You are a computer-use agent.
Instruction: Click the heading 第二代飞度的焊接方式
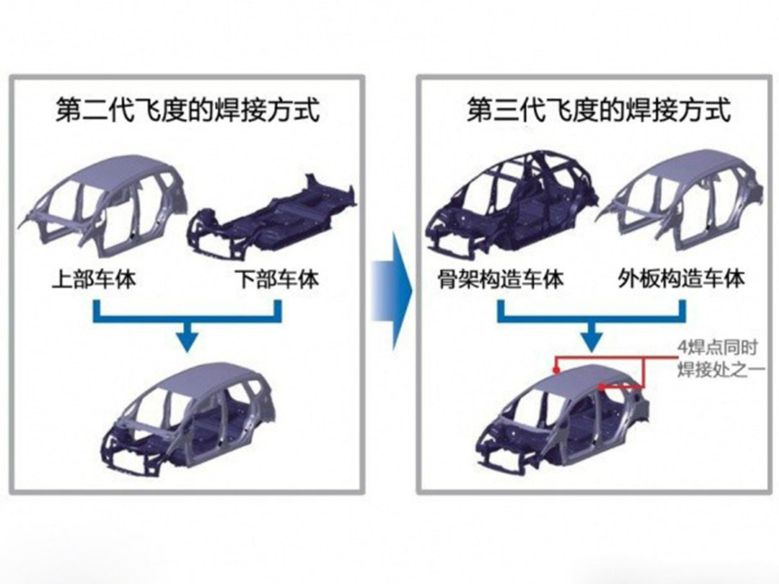point(188,109)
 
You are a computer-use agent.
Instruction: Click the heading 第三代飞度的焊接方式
point(599,109)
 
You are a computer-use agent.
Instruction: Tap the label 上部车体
point(94,279)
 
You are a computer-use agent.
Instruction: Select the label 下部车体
point(277,279)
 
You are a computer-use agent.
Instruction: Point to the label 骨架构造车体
point(501,279)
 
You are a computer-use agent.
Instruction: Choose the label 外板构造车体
point(682,279)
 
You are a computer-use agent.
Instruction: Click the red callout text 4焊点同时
point(718,347)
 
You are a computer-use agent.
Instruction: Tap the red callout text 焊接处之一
point(721,370)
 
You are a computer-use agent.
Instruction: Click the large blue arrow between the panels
point(392,292)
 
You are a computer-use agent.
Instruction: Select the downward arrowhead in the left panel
point(187,341)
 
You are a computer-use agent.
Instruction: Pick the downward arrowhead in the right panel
point(591,341)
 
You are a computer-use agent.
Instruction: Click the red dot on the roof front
point(557,370)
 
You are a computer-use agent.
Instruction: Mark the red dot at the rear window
point(602,386)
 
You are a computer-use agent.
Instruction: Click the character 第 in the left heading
point(68,109)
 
